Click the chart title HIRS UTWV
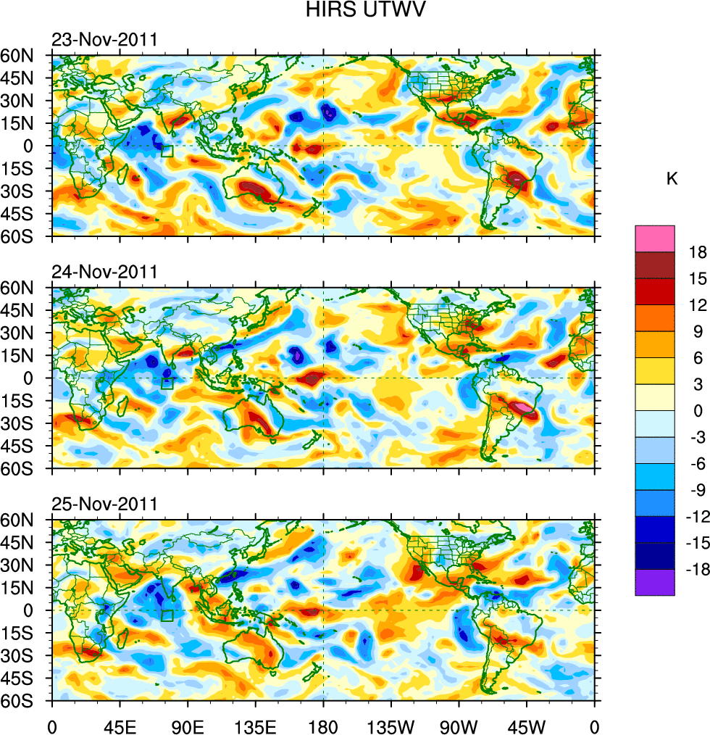coord(355,11)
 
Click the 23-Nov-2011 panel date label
coord(104,40)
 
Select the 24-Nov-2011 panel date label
coord(104,272)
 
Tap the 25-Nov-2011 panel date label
coord(104,504)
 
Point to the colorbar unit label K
coord(672,178)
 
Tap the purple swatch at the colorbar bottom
coord(655,583)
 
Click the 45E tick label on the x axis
coord(120,725)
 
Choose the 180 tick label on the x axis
coord(323,725)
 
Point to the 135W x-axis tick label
coord(390,725)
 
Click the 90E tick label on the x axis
coord(188,725)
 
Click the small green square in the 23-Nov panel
coord(167,151)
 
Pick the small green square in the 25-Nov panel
coord(167,615)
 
